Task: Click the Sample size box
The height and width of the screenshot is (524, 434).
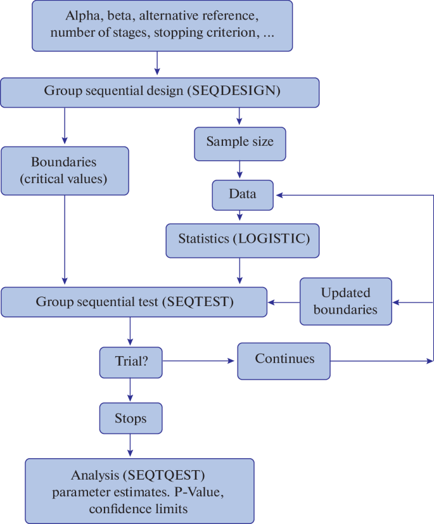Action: (x=239, y=141)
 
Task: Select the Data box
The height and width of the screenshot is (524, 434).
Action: (x=242, y=194)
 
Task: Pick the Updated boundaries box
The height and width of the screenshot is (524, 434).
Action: (x=345, y=301)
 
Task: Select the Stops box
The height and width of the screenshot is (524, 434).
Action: (x=130, y=419)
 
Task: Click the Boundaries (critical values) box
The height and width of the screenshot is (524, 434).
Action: (x=65, y=170)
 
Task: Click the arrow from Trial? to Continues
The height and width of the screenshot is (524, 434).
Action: (x=199, y=362)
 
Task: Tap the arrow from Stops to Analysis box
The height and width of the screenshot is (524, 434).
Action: (x=130, y=445)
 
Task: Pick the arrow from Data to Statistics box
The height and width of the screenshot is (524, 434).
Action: (x=240, y=215)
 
